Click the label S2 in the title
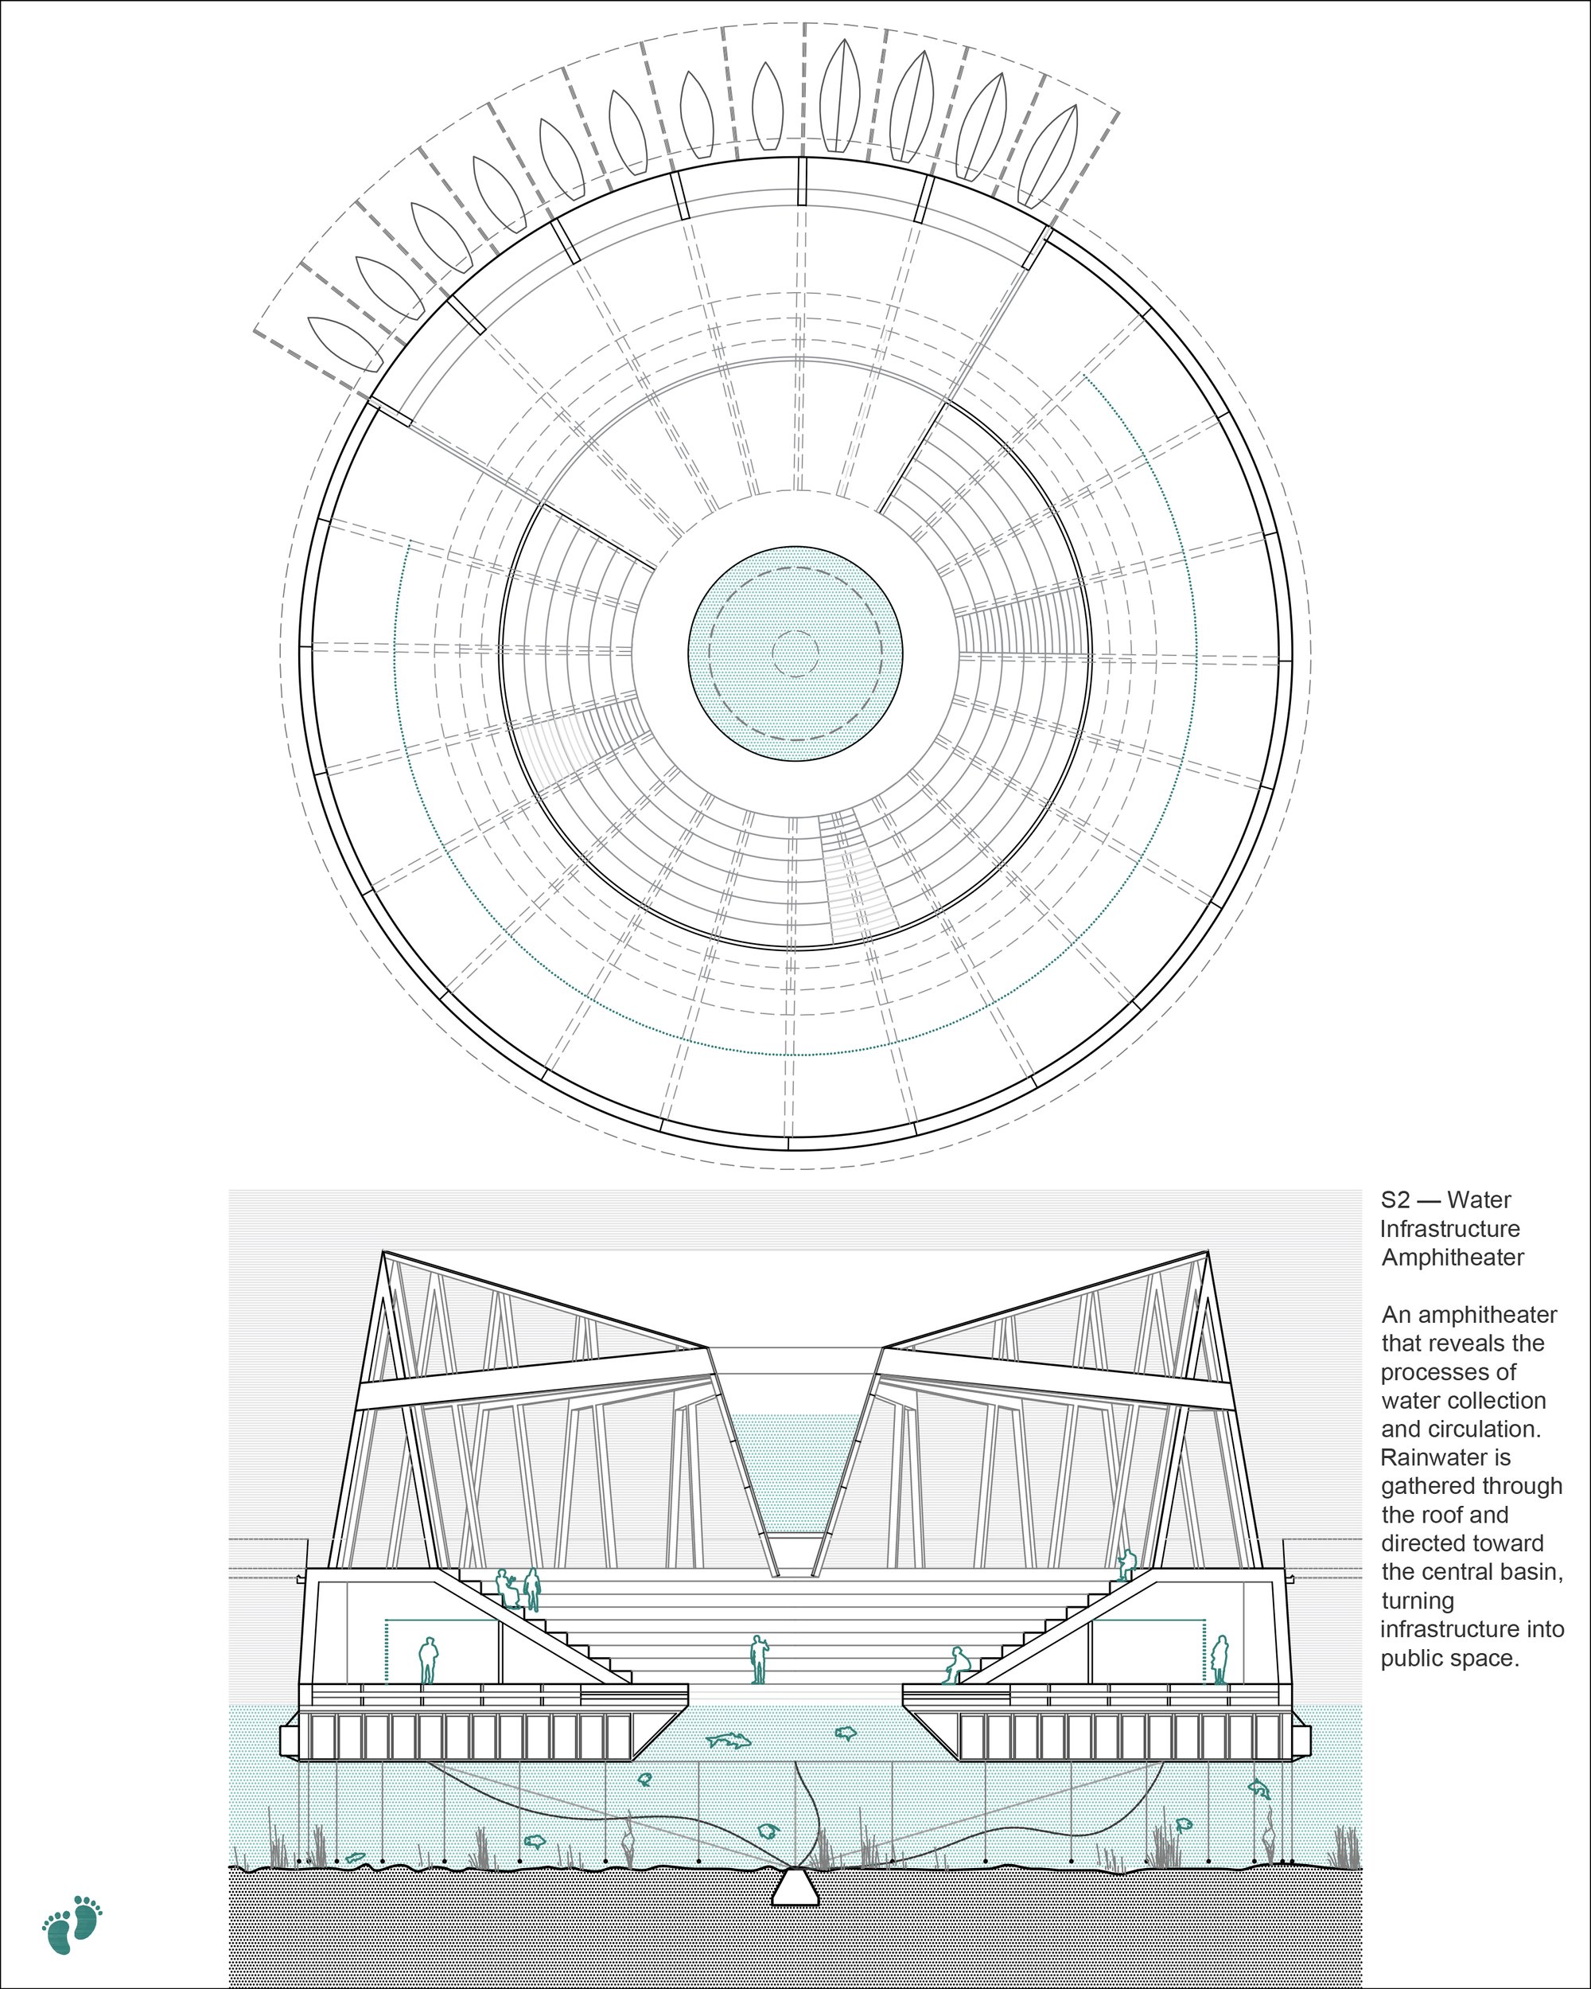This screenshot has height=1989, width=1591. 1395,1200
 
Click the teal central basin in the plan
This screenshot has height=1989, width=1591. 795,654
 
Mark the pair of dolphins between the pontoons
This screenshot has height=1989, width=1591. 729,1740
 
